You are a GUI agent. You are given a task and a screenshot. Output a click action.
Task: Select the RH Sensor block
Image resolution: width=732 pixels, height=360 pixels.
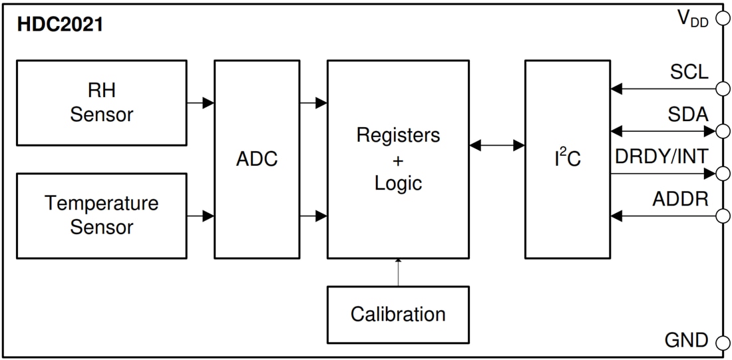click(101, 102)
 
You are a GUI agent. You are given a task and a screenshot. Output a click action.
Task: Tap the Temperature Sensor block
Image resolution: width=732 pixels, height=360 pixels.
click(101, 216)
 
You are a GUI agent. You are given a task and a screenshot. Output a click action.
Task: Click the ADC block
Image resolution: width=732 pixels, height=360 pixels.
click(256, 160)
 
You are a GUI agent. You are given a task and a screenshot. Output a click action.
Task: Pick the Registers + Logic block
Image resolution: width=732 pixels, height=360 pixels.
click(398, 160)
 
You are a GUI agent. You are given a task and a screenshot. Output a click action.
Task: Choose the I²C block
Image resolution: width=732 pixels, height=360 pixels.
click(567, 160)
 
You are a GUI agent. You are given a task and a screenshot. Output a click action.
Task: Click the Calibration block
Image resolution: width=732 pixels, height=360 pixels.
click(398, 314)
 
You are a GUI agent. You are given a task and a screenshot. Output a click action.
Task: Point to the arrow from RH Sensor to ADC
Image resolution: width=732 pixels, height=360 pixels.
click(200, 102)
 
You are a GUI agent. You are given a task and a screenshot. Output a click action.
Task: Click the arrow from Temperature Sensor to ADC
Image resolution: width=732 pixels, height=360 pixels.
click(200, 216)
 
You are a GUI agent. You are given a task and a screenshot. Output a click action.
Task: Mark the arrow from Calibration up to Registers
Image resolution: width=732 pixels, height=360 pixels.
click(398, 272)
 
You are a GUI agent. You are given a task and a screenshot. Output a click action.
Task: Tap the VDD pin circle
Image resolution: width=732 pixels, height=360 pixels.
click(722, 19)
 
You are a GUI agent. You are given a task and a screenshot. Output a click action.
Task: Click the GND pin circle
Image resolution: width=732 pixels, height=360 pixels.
click(722, 343)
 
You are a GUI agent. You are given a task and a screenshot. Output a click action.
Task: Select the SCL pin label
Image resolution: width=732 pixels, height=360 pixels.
click(689, 72)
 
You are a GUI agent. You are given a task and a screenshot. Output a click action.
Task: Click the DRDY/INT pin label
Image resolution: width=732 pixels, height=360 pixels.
click(661, 157)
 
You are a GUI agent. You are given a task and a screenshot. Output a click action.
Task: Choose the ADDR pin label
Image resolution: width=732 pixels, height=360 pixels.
click(680, 199)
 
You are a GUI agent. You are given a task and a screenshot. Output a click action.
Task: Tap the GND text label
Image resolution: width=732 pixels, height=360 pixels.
click(686, 341)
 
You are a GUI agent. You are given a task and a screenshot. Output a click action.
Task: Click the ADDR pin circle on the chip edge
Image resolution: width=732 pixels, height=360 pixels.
click(722, 216)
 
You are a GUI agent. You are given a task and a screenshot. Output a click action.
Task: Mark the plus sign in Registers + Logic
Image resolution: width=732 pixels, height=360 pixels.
click(398, 160)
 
